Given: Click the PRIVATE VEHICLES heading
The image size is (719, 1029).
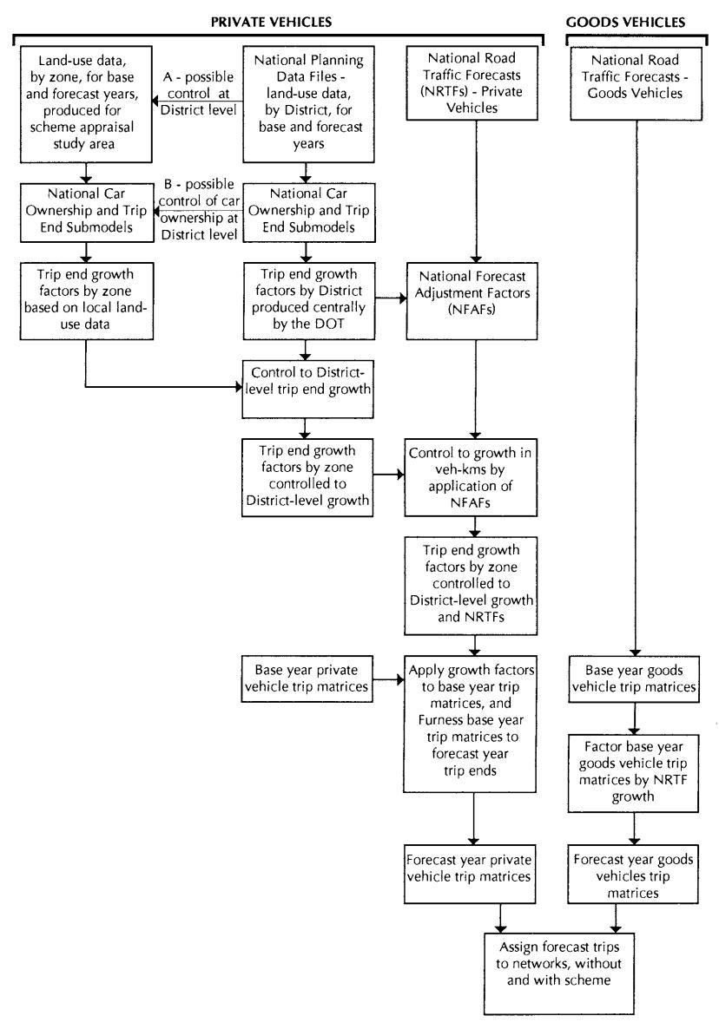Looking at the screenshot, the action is click(x=271, y=22).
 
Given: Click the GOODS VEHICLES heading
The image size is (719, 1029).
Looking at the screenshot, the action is click(x=625, y=23).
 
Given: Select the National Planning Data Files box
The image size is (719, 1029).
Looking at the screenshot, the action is click(x=308, y=104).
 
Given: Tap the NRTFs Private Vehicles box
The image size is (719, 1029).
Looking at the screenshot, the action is click(x=472, y=82).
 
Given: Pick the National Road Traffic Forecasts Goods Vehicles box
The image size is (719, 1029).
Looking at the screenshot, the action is click(x=636, y=83).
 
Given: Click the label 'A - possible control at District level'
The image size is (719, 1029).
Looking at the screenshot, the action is click(x=198, y=93).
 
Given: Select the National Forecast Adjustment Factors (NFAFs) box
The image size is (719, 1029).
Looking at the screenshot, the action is click(x=472, y=301).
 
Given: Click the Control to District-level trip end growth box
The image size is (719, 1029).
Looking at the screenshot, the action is click(x=307, y=390).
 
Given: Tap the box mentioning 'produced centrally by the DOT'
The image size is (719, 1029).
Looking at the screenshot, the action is click(x=308, y=301).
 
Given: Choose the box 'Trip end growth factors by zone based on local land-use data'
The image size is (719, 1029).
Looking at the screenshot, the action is click(x=86, y=301).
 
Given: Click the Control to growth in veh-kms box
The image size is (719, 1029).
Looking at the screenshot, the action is click(x=471, y=478).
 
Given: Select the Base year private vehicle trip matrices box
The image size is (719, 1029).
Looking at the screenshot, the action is click(x=307, y=678).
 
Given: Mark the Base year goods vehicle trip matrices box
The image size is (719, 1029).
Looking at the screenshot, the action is click(x=634, y=678).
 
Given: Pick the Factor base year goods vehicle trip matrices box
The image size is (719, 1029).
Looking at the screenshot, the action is click(x=633, y=773).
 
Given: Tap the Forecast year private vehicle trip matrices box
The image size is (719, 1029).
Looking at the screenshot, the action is click(x=470, y=874).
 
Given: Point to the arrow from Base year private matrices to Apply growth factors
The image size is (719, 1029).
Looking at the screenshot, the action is click(x=389, y=679).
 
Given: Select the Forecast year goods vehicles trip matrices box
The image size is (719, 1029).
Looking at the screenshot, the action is click(x=633, y=874).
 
